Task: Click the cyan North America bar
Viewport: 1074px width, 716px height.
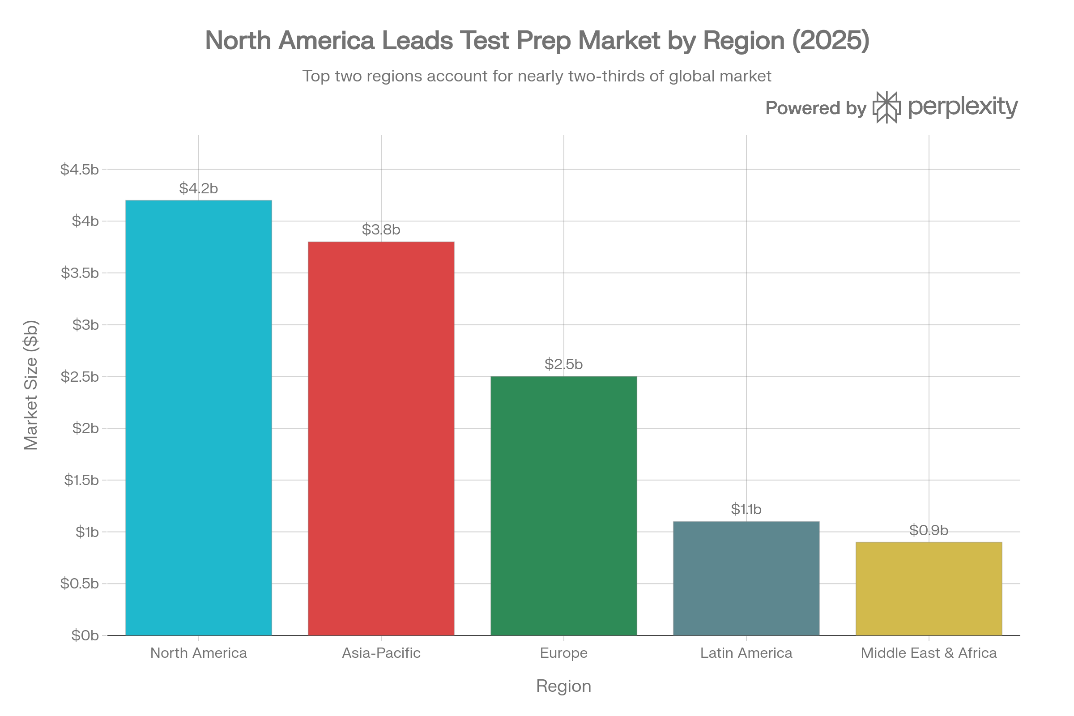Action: pos(199,418)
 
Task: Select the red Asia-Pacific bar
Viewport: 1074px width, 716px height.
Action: pos(381,439)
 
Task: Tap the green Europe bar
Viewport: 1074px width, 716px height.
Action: pos(563,506)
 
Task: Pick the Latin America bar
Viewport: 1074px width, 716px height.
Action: pos(746,578)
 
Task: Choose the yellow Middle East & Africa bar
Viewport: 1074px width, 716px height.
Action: pos(929,588)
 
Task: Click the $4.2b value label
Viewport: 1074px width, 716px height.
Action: pos(199,188)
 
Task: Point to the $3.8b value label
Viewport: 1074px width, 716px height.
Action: pos(381,230)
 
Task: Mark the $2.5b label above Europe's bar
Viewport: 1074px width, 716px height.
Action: pos(563,364)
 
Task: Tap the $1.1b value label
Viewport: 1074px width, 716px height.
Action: pos(746,509)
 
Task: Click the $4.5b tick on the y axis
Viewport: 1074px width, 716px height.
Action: pos(80,170)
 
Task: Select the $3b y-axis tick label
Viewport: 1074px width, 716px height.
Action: pos(85,325)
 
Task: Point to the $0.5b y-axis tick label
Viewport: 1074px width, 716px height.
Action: pos(80,584)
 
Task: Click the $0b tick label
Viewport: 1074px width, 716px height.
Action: pos(85,635)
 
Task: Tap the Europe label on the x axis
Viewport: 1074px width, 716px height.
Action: pos(563,653)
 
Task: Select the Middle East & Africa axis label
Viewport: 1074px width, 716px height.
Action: pos(929,653)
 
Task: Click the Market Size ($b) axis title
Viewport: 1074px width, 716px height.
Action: pos(31,385)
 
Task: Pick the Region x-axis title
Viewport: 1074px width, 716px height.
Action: pos(563,686)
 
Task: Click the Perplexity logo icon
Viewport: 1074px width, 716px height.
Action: pos(887,107)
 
